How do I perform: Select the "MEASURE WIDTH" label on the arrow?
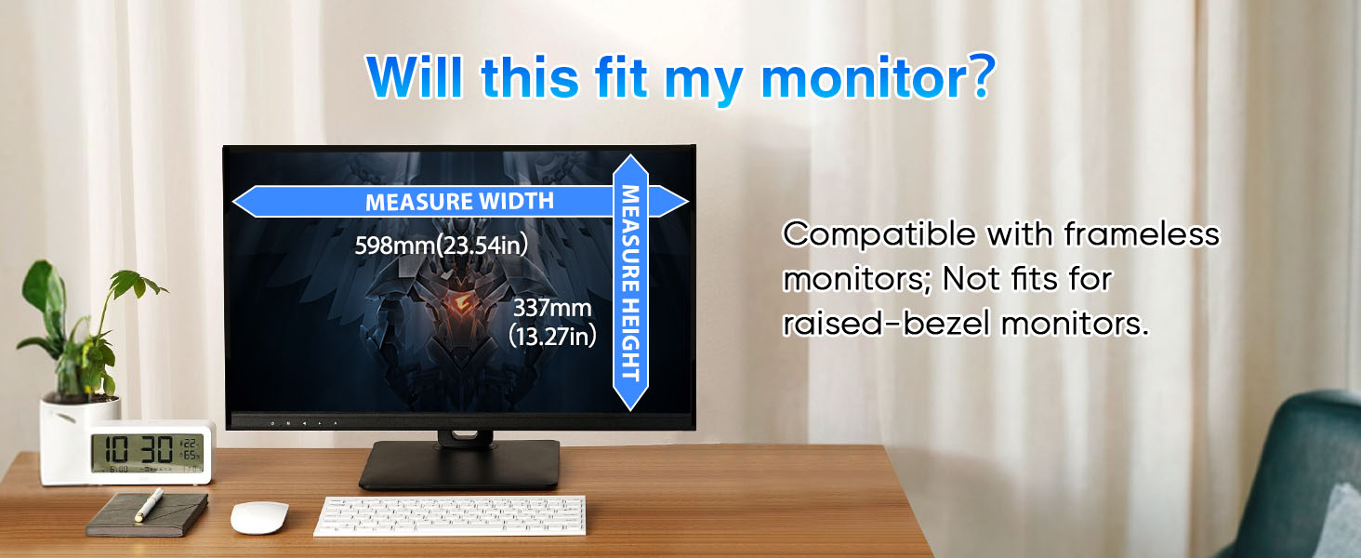click(459, 202)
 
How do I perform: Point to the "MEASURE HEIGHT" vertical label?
click(630, 284)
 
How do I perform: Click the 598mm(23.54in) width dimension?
click(441, 245)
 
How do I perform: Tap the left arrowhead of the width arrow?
click(248, 202)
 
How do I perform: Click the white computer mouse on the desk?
click(259, 517)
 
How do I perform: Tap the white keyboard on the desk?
click(450, 515)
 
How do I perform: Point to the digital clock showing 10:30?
click(150, 452)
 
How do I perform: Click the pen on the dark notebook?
click(149, 504)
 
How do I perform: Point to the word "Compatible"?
click(879, 234)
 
